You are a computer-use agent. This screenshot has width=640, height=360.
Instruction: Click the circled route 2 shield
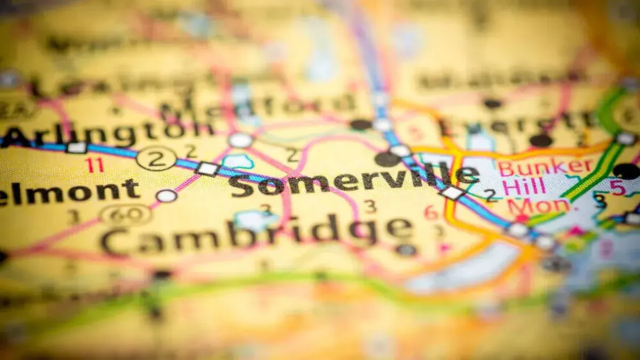(x=156, y=158)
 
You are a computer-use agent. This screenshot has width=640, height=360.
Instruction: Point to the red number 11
(x=95, y=165)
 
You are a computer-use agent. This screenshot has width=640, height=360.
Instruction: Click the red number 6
(x=430, y=212)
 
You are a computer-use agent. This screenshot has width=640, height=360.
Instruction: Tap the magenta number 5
(x=617, y=188)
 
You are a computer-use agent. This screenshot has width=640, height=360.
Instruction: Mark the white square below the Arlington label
(x=76, y=148)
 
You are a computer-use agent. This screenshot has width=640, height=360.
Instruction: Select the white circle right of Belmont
(x=166, y=196)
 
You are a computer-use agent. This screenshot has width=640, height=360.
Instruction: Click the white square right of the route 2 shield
(x=207, y=169)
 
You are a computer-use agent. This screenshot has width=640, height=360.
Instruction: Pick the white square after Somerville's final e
(x=452, y=193)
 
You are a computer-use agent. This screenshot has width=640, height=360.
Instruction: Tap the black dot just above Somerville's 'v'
(x=387, y=159)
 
